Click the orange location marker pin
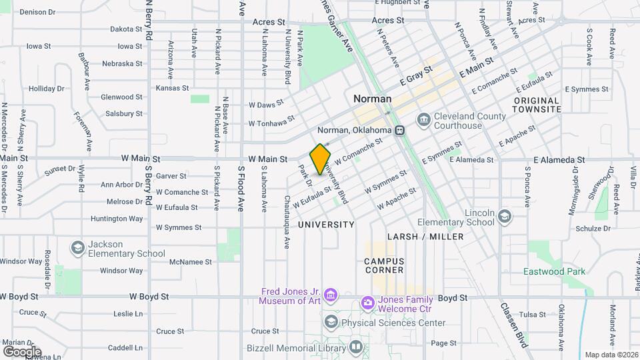pos(321,159)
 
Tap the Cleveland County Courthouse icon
pos(424,119)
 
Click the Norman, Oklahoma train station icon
pos(400,130)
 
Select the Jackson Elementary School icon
pos(78,248)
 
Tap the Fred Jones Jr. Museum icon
pos(333,295)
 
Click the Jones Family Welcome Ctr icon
pos(367,303)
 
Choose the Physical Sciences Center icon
pos(331,323)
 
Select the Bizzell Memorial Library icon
pos(356,347)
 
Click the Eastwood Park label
pos(554,271)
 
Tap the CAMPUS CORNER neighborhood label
pos(384,265)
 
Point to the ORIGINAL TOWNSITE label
pos(537,104)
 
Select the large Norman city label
pos(372,98)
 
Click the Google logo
pos(22,351)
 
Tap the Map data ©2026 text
pos(611,355)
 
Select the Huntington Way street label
pos(117,218)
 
